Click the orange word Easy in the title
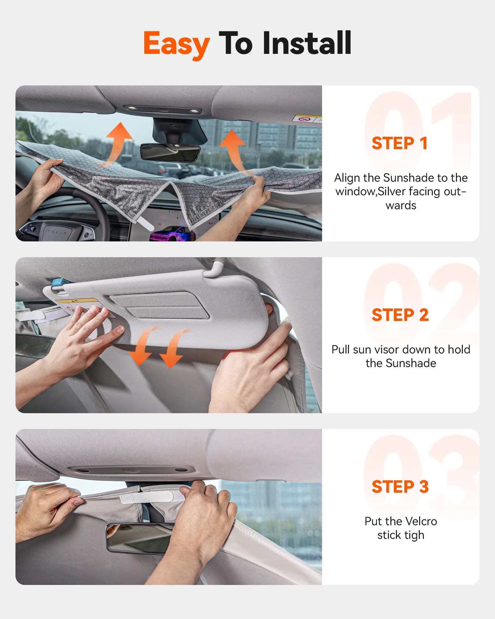177,44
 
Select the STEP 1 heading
400,143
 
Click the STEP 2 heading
400,315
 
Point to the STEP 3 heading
400,487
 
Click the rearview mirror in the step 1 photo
170,153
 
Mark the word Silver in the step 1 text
392,192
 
